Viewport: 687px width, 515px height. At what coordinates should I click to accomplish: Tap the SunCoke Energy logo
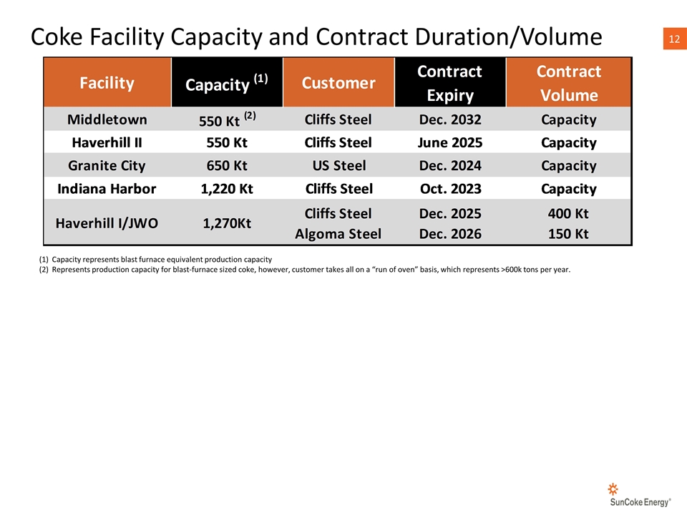click(x=632, y=494)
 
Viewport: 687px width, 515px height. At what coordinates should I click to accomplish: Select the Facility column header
click(x=107, y=83)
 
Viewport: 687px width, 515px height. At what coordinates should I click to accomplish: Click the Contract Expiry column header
click(x=449, y=83)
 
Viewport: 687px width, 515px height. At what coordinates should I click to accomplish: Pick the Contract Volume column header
click(x=569, y=83)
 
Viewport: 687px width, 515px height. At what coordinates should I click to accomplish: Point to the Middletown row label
click(x=107, y=119)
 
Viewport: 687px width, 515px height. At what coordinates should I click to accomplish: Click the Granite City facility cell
click(x=107, y=166)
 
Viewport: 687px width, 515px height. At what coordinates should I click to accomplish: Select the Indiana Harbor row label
click(x=107, y=189)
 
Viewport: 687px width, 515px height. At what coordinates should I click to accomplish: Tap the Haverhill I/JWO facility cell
click(x=107, y=223)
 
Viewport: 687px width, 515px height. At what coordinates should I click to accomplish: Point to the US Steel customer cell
click(x=338, y=166)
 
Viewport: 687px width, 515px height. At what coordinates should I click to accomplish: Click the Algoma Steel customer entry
click(x=338, y=233)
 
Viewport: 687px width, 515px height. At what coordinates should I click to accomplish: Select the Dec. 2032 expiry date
click(x=449, y=119)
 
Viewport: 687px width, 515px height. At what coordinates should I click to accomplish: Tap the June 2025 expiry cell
click(x=449, y=142)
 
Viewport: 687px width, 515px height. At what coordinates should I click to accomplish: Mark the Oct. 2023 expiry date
click(x=449, y=189)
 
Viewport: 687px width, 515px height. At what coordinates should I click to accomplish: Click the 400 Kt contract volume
click(x=569, y=213)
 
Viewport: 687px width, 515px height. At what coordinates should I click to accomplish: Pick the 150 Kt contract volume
click(x=569, y=233)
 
